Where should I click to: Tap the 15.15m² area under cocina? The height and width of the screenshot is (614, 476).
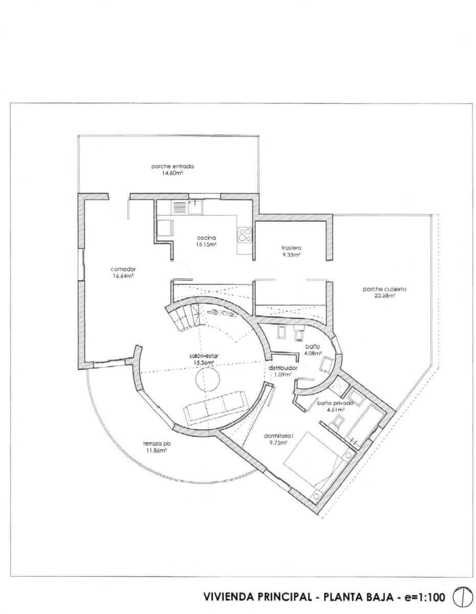[x=207, y=245]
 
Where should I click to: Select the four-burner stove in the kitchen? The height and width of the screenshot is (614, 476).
[x=245, y=235]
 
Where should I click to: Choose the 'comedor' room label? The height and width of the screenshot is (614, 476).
[x=122, y=269]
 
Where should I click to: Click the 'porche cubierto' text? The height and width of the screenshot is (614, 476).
[x=384, y=289]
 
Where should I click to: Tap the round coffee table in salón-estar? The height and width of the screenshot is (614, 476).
[x=208, y=380]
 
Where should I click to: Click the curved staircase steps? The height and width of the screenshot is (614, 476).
[x=182, y=317]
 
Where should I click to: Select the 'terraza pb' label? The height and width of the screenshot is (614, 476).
[x=157, y=444]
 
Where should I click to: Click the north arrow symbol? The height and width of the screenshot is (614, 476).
[x=460, y=597]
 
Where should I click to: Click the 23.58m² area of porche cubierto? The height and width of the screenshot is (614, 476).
[x=384, y=296]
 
